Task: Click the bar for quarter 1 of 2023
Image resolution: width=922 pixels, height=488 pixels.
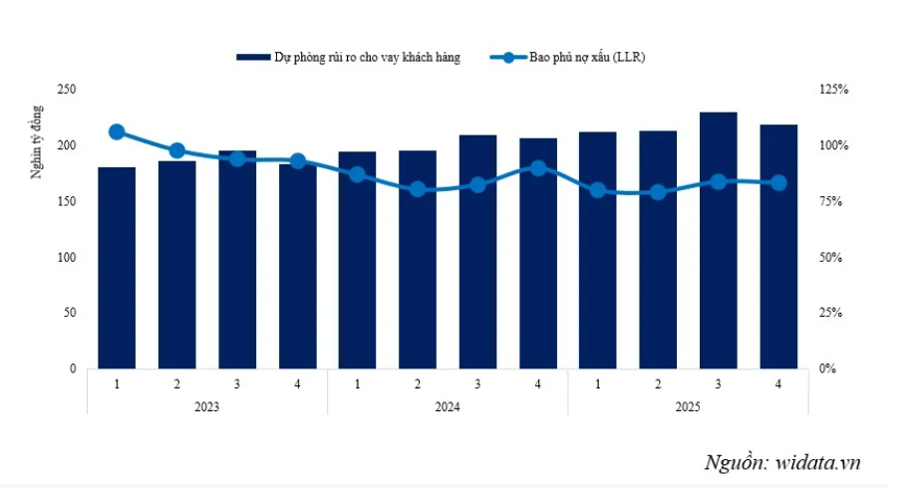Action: tap(117, 269)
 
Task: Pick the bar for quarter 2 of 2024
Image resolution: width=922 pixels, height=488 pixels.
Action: tap(418, 260)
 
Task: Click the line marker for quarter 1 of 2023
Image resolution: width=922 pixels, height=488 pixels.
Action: tap(117, 131)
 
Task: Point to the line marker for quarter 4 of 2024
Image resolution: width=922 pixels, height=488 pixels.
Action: tap(537, 168)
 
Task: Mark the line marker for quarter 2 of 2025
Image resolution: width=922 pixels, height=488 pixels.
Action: tap(658, 192)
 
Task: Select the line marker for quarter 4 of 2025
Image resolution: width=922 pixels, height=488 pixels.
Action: tap(778, 182)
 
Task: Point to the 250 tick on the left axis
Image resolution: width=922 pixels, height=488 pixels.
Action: tap(68, 90)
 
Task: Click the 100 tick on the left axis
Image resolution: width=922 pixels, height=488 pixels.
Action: tap(68, 257)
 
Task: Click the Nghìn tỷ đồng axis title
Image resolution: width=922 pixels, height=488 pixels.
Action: tap(37, 140)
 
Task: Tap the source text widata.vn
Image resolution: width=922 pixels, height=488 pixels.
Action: tap(781, 461)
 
